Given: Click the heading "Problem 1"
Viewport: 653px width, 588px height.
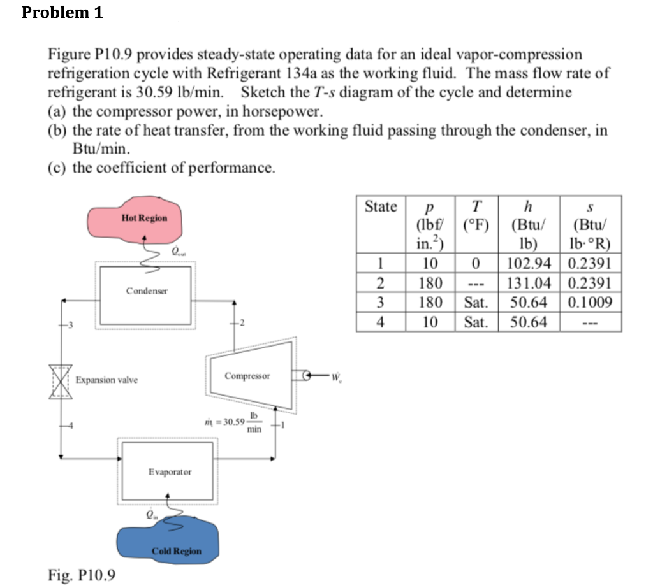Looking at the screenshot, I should coord(62,13).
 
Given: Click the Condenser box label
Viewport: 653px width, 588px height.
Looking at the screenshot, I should coord(147,291).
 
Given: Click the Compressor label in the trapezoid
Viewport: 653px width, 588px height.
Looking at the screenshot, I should coord(247,376).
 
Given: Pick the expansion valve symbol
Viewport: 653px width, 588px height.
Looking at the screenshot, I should coord(61,381).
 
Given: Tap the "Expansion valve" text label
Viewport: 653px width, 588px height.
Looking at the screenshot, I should coord(106,380).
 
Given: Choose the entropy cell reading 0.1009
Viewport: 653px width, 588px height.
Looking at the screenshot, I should coord(593,302).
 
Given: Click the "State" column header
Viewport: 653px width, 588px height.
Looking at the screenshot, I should coord(381,206).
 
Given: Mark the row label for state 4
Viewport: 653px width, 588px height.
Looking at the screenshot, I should coord(381,322).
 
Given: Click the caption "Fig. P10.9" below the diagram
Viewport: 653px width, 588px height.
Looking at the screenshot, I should coord(82,575).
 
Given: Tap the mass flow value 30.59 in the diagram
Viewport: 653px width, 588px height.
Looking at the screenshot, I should coord(230,422).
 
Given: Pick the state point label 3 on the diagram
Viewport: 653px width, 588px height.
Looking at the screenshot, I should coord(71,326).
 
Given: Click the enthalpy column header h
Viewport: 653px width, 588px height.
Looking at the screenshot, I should coord(527,206).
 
